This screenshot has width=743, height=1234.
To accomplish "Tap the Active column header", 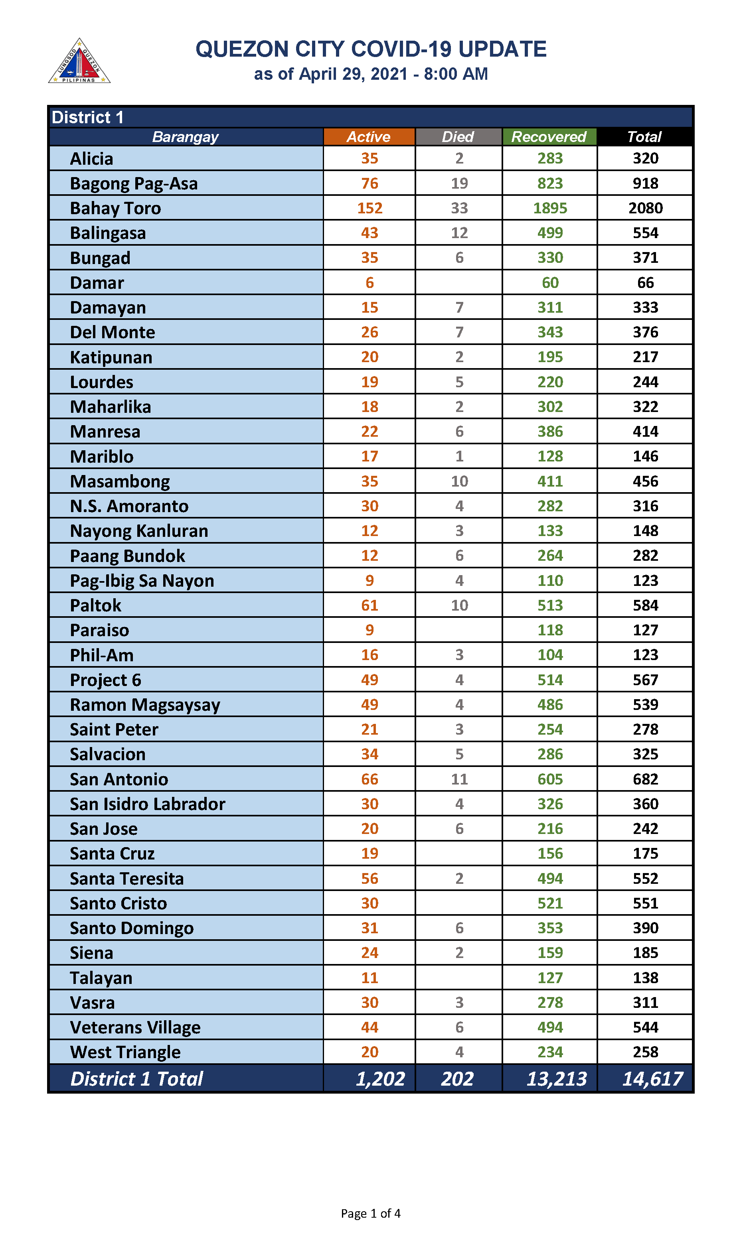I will tap(369, 137).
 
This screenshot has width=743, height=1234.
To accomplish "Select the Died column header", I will tap(458, 137).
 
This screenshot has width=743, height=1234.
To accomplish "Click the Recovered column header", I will tap(549, 137).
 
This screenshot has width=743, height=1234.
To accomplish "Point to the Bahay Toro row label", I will tap(115, 208).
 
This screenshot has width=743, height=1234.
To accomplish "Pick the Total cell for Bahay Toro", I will tap(645, 208).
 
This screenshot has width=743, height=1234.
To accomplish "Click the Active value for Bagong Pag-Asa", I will tap(370, 183).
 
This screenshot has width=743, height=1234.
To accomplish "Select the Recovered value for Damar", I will tap(550, 283).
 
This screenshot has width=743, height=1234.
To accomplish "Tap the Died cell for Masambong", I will tap(459, 481).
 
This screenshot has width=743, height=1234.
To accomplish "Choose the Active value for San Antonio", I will tap(370, 779).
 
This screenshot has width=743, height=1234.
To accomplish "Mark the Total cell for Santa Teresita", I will tap(645, 879).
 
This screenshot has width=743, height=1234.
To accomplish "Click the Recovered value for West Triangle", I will tap(550, 1053).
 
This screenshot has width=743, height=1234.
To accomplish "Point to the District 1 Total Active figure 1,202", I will tap(380, 1079).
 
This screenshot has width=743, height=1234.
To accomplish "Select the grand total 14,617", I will tap(652, 1079).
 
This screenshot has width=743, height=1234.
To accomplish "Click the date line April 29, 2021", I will tap(370, 74).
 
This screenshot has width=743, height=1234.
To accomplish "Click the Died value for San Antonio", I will tap(459, 779).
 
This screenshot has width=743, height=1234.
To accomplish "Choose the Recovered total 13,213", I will tap(556, 1079).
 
